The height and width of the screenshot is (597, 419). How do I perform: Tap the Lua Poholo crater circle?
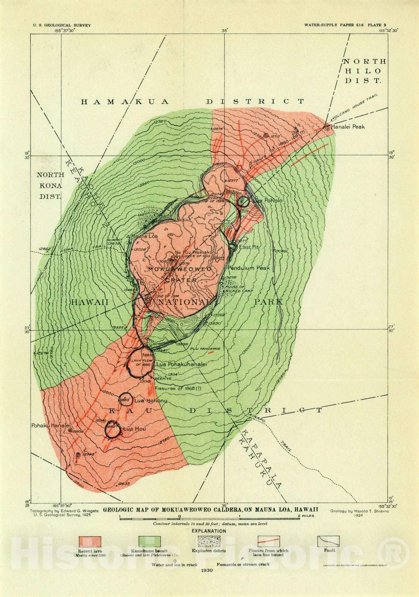tap(243, 201)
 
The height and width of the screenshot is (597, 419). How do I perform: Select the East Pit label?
tap(249, 247)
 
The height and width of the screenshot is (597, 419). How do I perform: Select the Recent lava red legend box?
tap(90, 541)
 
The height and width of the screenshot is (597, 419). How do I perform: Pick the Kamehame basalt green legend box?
tap(149, 541)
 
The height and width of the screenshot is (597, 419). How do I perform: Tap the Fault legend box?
tap(328, 541)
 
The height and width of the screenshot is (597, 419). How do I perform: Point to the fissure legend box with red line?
tap(268, 541)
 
